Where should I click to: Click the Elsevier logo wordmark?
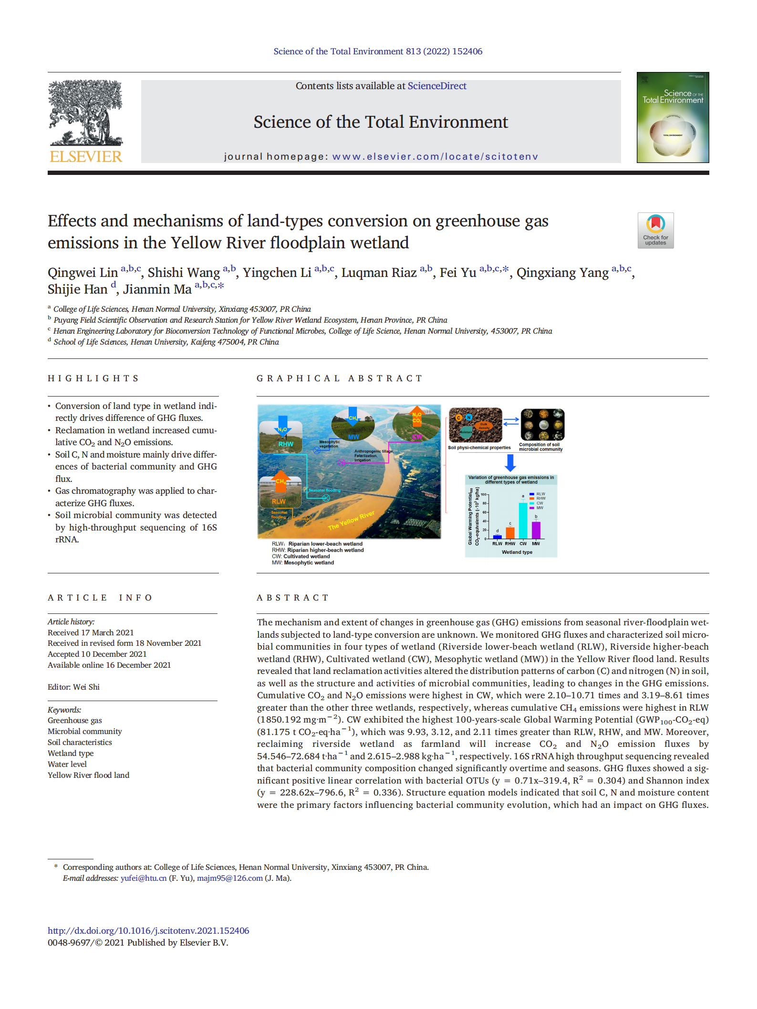click(x=86, y=156)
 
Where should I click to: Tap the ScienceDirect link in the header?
click(x=436, y=86)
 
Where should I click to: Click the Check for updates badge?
click(x=655, y=231)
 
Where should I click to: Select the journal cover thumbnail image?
click(x=673, y=118)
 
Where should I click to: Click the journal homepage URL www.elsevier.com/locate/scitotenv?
click(x=435, y=157)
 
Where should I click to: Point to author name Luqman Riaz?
click(x=379, y=273)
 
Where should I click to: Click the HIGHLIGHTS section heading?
click(x=93, y=378)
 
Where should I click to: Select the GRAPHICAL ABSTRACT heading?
click(x=340, y=378)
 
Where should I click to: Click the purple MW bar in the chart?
click(x=536, y=530)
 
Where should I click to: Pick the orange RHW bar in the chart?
click(x=510, y=533)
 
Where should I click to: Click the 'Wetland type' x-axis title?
click(x=517, y=552)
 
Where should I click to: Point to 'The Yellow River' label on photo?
click(x=351, y=520)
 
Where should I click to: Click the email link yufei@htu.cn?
click(x=144, y=878)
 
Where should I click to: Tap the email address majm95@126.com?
click(x=230, y=878)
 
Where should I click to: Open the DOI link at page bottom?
click(x=148, y=930)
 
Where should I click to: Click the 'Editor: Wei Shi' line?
click(x=73, y=687)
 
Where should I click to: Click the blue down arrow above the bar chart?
click(x=510, y=462)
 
